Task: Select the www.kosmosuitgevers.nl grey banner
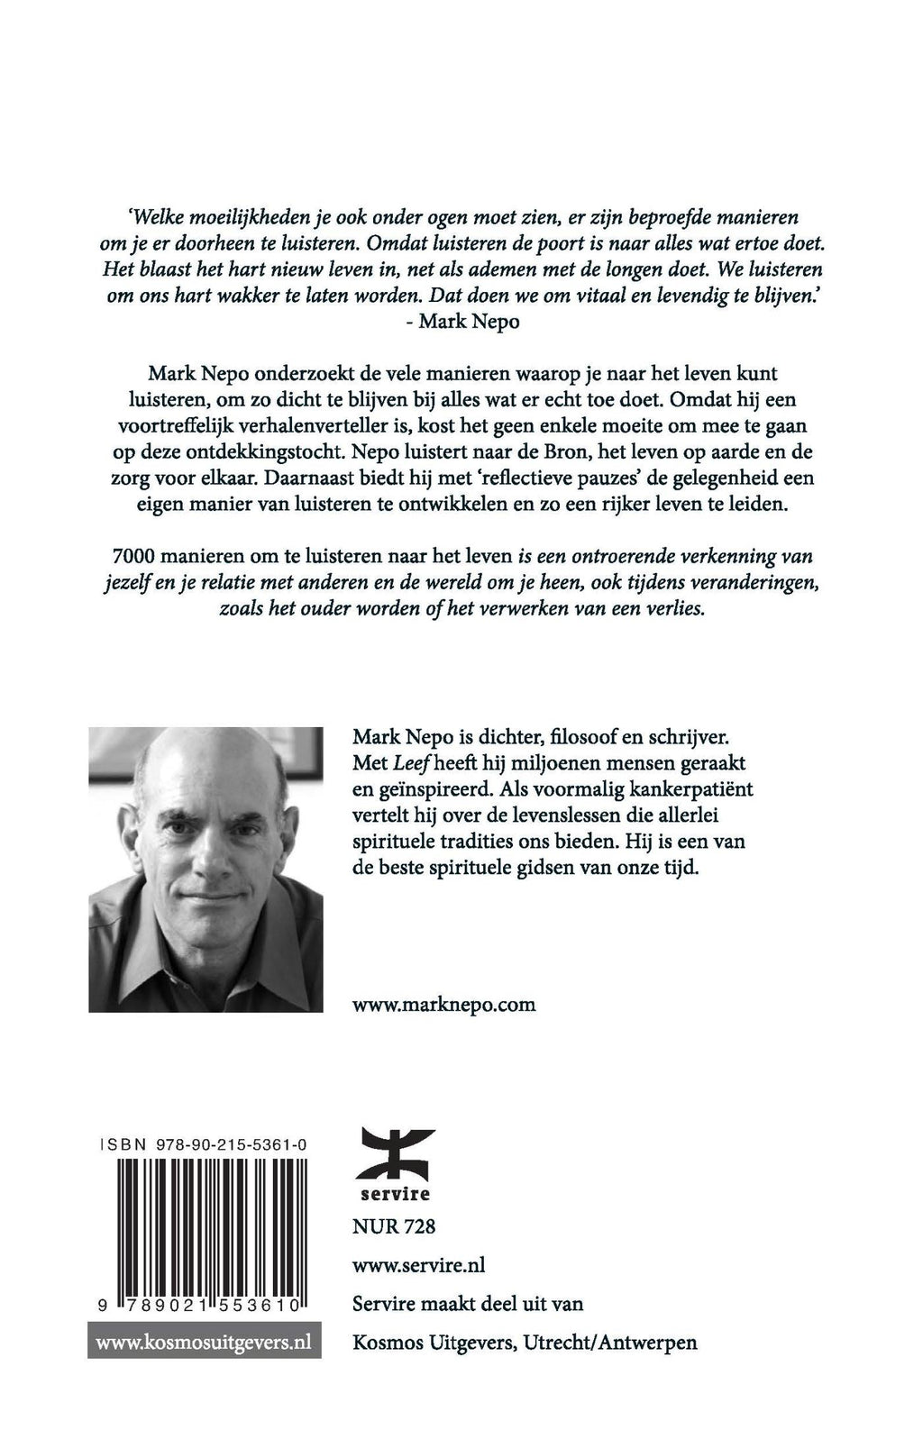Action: [x=204, y=1342]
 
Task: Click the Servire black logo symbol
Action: [x=397, y=1154]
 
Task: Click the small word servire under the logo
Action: [x=397, y=1194]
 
